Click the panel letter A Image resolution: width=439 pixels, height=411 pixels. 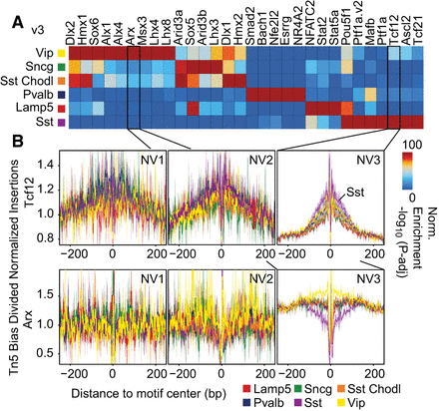click(12, 9)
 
